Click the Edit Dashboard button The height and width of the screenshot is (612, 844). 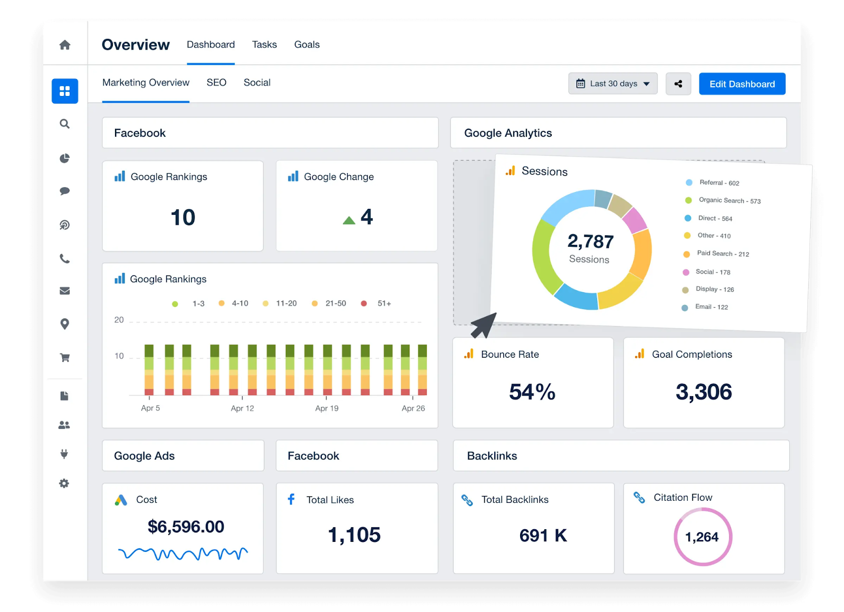(x=742, y=84)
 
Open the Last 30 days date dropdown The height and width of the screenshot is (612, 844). (x=612, y=84)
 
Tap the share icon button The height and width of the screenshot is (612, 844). (x=678, y=84)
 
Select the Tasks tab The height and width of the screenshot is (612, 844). (x=264, y=45)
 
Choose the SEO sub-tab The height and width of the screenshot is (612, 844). (x=216, y=83)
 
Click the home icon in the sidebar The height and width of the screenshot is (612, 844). (x=65, y=45)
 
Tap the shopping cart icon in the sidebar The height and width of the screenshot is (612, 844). (x=65, y=358)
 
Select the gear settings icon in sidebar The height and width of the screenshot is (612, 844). (x=64, y=483)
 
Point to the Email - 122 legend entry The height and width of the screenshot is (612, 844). (x=711, y=307)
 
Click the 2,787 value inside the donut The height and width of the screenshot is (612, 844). (x=590, y=242)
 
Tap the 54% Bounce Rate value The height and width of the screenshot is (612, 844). (x=532, y=392)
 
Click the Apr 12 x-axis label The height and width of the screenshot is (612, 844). (x=242, y=408)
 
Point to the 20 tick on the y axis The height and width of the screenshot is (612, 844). (x=119, y=320)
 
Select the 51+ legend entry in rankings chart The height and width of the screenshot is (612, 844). (x=383, y=303)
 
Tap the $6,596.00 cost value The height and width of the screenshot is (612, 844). (x=186, y=527)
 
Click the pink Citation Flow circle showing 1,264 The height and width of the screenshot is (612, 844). (x=702, y=537)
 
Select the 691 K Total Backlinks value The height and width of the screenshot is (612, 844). (x=543, y=535)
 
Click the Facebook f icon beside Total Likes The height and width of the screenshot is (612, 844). (x=291, y=499)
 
